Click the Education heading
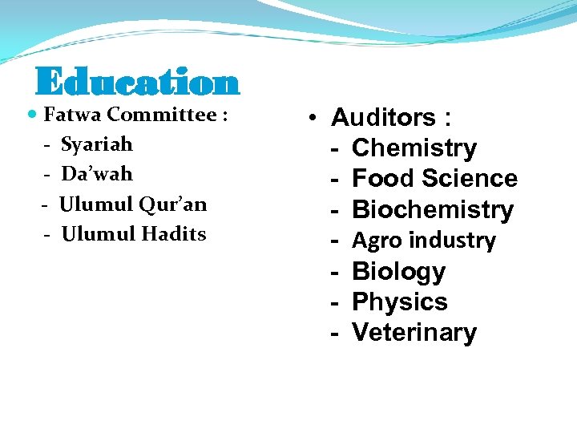pos(137,83)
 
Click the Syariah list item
pos(97,145)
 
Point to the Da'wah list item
pos(97,174)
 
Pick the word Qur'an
pos(173,204)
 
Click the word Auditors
pos(383,119)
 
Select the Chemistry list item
pos(414,148)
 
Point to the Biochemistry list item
pos(433,209)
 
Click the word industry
pos(454,241)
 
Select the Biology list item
pos(398,271)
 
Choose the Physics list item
pos(400,302)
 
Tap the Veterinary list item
pos(414,333)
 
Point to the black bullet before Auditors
pos(317,119)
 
